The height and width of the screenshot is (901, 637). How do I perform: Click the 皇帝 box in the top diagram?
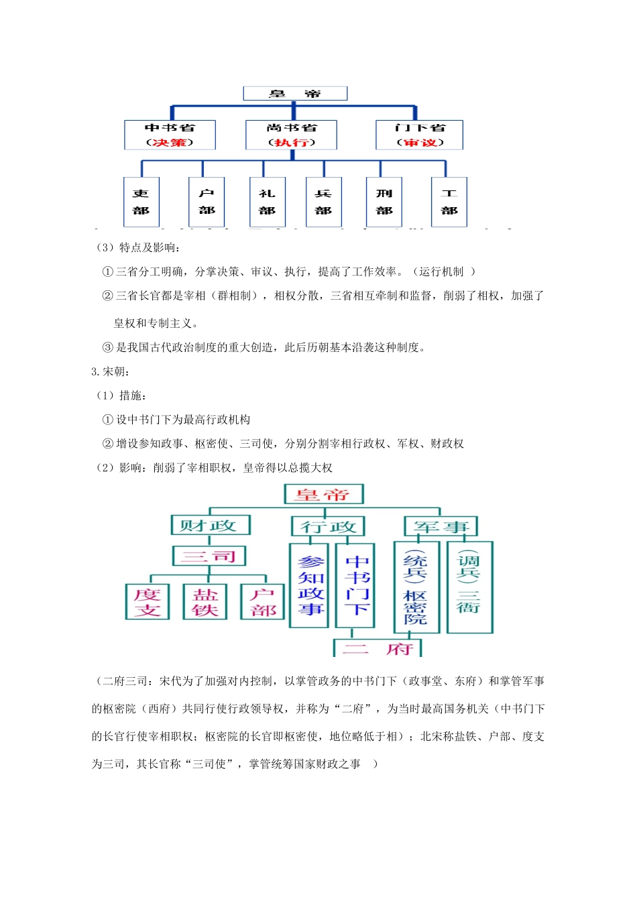coord(295,93)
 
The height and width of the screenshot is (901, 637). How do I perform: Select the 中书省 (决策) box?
coord(170,135)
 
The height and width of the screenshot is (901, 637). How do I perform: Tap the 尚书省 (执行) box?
coord(292,135)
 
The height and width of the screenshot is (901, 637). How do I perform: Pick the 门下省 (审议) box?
coord(419,135)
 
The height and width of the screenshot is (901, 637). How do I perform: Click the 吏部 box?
coord(141,202)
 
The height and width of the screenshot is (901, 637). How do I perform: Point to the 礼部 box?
coord(267,202)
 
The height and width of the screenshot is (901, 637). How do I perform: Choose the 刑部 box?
coord(384,202)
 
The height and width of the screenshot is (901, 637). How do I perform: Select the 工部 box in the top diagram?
coord(449,202)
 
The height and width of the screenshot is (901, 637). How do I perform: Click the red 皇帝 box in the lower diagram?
coord(323,495)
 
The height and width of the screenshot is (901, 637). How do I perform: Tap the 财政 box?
coord(211,525)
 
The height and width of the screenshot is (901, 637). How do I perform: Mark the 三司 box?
coord(209,556)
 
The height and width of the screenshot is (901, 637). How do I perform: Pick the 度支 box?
coord(147,601)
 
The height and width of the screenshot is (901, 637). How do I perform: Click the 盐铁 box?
coord(205,601)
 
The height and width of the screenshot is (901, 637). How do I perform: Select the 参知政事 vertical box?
coord(309,585)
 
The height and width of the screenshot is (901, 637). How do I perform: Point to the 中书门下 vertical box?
coord(355,585)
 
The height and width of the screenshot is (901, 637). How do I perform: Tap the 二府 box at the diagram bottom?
coord(378,648)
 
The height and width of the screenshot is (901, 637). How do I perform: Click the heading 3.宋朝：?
coord(111,371)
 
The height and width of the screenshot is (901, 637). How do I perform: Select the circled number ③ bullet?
coord(107,347)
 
